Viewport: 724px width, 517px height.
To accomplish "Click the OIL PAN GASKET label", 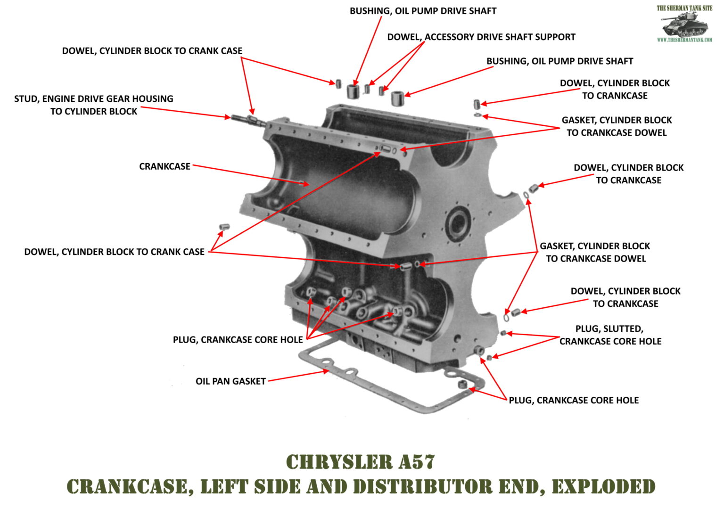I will [x=230, y=381].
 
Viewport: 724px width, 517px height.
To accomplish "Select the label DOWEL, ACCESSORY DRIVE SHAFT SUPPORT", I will [x=481, y=37].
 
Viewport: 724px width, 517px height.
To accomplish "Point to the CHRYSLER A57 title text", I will [x=361, y=462].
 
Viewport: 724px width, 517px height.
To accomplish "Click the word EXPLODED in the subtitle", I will [x=603, y=486].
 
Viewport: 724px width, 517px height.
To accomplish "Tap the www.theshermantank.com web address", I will [x=684, y=40].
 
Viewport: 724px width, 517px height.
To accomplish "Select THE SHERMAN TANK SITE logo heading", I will [x=684, y=8].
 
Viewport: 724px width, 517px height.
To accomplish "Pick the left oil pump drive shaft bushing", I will [x=353, y=91].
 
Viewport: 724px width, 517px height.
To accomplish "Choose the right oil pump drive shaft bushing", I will [x=398, y=98].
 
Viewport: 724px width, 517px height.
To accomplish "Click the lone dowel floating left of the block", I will [x=223, y=228].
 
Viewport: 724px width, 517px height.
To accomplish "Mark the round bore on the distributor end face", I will [x=458, y=223].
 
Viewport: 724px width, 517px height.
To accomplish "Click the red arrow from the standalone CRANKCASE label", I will [x=250, y=175].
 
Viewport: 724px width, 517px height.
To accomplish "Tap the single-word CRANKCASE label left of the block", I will [x=165, y=166].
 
